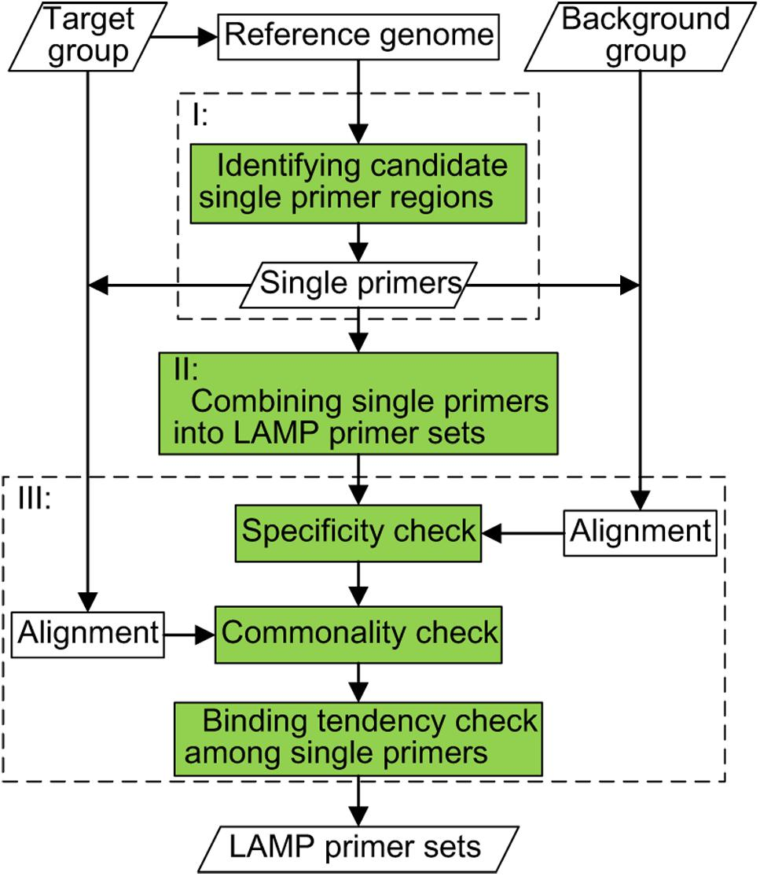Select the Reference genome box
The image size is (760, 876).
[359, 35]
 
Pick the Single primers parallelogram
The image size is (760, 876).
[358, 284]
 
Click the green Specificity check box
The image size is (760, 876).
[358, 532]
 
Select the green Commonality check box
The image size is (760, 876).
[358, 633]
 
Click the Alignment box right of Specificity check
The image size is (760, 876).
[640, 532]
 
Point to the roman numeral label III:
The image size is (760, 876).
[35, 500]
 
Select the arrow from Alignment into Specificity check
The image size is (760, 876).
[522, 533]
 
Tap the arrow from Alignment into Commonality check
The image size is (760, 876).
[189, 633]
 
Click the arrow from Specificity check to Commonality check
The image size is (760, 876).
[358, 583]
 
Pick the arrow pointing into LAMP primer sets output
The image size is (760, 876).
[358, 802]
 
